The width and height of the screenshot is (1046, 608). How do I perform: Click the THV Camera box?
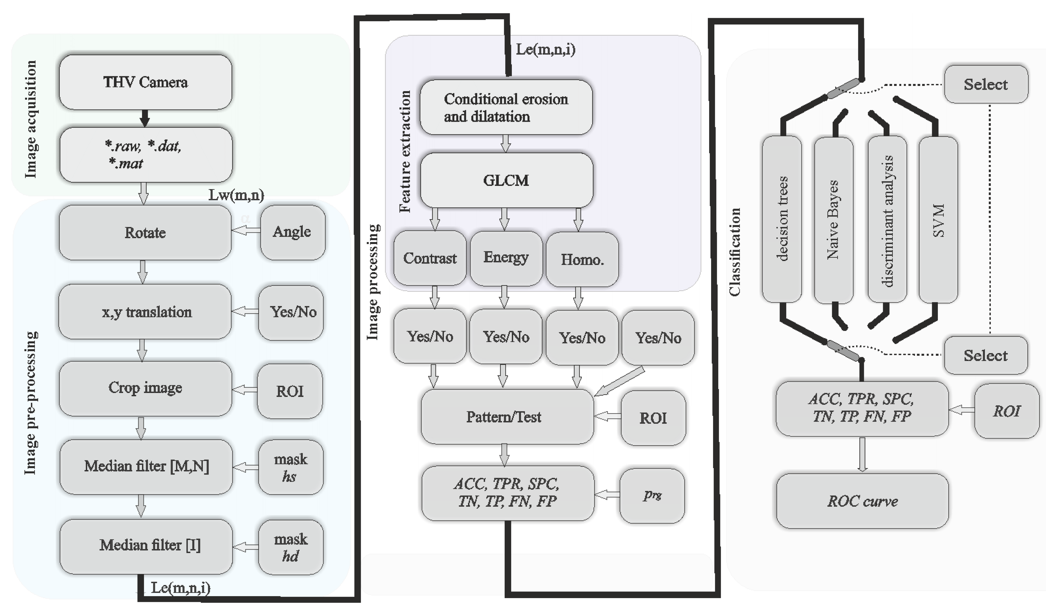tap(145, 82)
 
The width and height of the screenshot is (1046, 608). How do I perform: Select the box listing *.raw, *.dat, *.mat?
tap(145, 154)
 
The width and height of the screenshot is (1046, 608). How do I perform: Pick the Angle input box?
tap(292, 232)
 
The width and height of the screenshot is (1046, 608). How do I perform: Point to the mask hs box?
tap(291, 467)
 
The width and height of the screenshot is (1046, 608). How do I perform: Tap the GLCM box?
tap(506, 180)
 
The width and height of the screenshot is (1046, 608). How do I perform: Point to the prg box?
tap(652, 495)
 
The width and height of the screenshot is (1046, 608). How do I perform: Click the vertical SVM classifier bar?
tap(938, 219)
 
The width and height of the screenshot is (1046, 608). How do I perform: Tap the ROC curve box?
tap(862, 501)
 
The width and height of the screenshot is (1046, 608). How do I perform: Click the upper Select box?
tap(985, 84)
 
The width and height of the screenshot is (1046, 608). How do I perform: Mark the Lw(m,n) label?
tap(236, 195)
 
